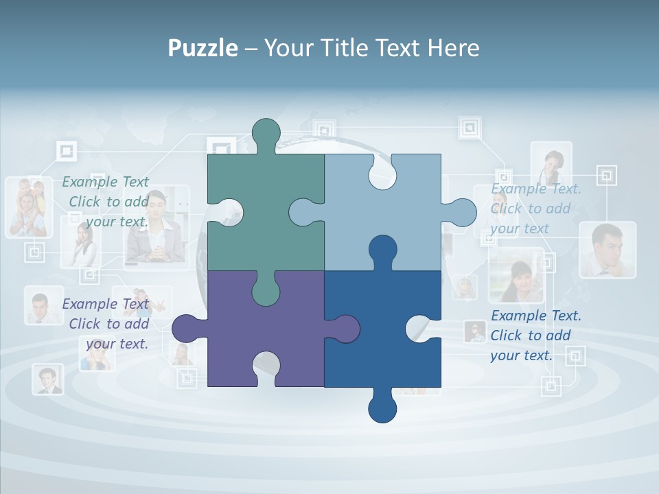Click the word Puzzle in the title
point(203,48)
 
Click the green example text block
point(107,202)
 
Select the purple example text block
point(107,324)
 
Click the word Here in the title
point(453,48)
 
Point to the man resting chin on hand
point(607,250)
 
